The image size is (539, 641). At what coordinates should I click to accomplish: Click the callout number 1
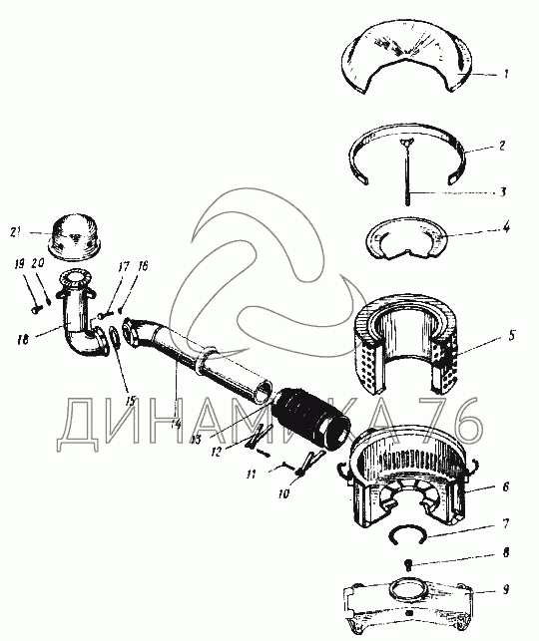pos(506,74)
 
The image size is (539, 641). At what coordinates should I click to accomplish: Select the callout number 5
pos(511,336)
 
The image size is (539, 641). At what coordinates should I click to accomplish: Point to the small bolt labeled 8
pos(408,565)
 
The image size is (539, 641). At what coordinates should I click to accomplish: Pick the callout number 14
pos(176,424)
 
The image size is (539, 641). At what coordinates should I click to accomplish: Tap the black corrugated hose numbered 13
pos(311,419)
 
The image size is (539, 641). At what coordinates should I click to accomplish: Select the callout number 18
pos(23,339)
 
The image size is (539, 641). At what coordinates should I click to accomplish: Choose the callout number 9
pos(506,589)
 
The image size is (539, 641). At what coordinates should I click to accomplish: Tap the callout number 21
pos(16,232)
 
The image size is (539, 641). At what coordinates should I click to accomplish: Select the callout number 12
pos(216,452)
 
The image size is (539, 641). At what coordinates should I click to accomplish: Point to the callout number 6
pos(506,486)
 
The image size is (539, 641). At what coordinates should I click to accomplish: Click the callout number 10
pos(283,493)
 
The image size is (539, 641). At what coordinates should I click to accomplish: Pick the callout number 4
pos(507,227)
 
